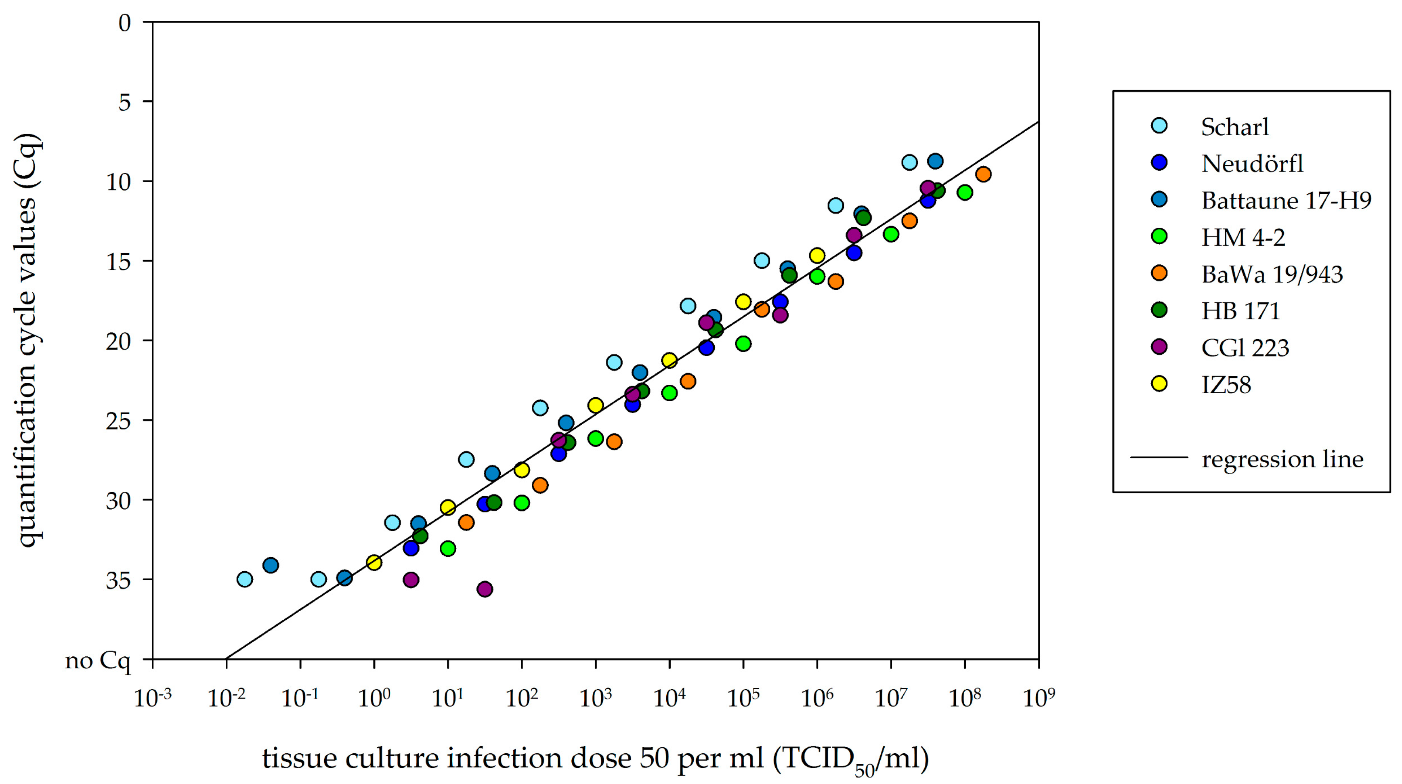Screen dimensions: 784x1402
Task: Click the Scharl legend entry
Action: pyautogui.click(x=1234, y=127)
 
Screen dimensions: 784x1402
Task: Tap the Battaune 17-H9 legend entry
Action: pyautogui.click(x=1286, y=200)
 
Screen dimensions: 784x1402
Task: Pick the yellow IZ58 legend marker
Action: pyautogui.click(x=1160, y=384)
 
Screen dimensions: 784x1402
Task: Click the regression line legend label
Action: pyautogui.click(x=1282, y=459)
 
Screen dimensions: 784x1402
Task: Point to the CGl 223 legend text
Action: pyautogui.click(x=1245, y=347)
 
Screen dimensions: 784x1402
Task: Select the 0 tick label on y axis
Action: pyautogui.click(x=125, y=23)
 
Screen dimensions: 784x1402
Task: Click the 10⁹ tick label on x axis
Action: pyautogui.click(x=1039, y=698)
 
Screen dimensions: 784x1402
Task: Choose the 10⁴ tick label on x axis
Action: pyautogui.click(x=670, y=698)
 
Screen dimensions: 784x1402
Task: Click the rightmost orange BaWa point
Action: pyautogui.click(x=983, y=174)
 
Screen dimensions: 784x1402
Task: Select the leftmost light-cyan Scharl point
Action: pyautogui.click(x=245, y=579)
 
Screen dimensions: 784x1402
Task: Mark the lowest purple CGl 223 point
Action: pyautogui.click(x=485, y=589)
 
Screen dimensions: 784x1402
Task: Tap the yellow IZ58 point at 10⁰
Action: pyautogui.click(x=374, y=562)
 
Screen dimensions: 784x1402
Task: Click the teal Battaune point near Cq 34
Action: pyautogui.click(x=271, y=565)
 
